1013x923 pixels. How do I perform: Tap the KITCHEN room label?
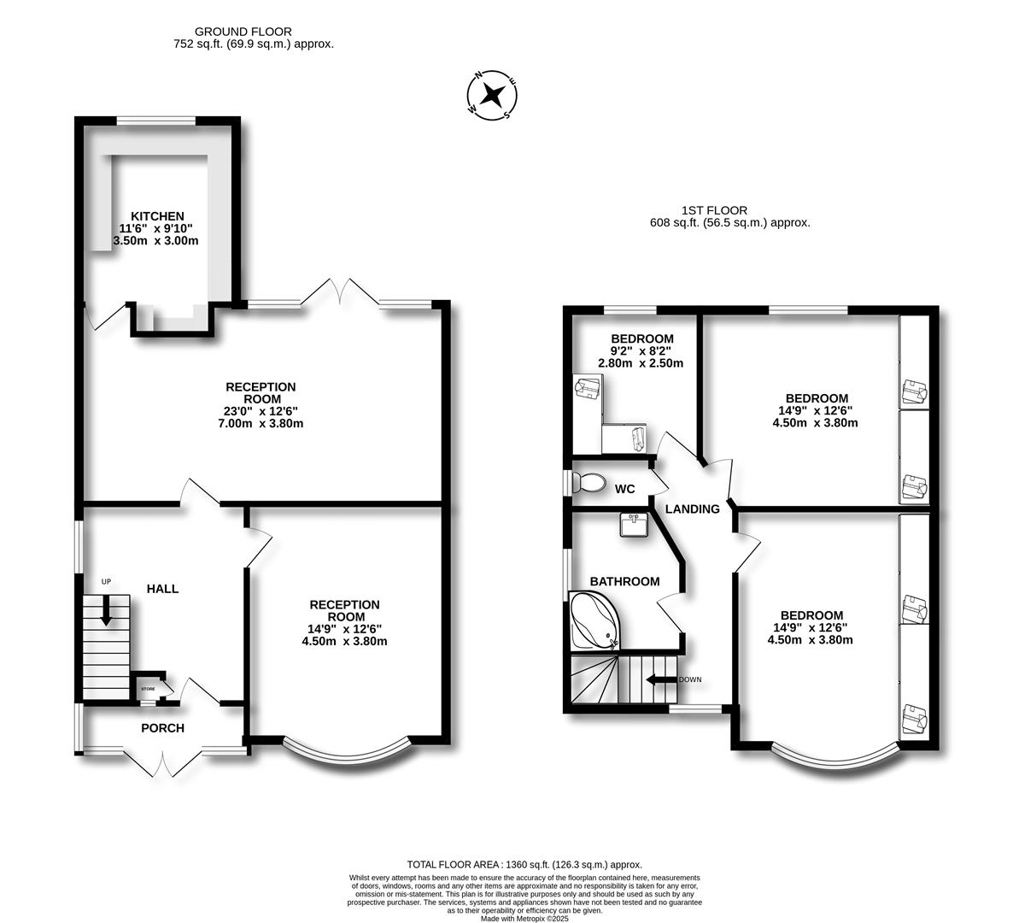tap(157, 216)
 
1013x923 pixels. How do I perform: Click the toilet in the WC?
tap(588, 483)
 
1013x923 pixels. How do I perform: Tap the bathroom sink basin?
tap(633, 524)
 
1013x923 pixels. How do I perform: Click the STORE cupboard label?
tap(148, 688)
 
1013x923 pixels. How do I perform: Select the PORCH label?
tap(162, 728)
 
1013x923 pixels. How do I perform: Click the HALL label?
tap(162, 589)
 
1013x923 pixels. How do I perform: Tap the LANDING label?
tap(692, 509)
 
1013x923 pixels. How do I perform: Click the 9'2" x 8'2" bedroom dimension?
tap(641, 350)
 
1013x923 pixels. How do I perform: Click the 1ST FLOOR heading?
tap(714, 210)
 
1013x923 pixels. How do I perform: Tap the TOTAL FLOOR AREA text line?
tap(524, 865)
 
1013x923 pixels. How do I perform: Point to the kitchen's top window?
tap(155, 121)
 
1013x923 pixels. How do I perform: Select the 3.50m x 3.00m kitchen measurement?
tap(156, 241)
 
